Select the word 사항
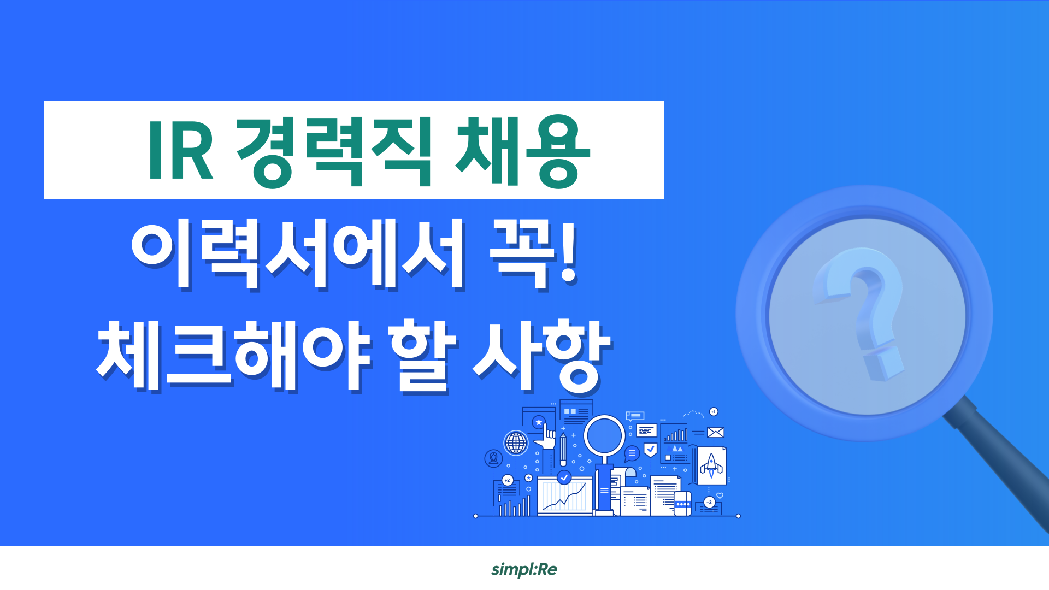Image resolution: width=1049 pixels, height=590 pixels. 541,355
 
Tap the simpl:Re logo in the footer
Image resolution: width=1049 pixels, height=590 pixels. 524,569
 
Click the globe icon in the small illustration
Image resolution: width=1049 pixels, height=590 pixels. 516,442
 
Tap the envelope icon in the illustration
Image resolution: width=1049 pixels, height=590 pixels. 715,433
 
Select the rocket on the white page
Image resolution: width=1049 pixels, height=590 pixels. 711,465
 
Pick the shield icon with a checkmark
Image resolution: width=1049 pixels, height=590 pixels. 650,450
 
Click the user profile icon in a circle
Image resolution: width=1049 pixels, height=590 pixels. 493,458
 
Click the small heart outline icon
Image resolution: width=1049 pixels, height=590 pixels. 720,496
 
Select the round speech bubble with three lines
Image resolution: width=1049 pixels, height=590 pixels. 632,453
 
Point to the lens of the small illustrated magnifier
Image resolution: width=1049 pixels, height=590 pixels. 604,435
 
